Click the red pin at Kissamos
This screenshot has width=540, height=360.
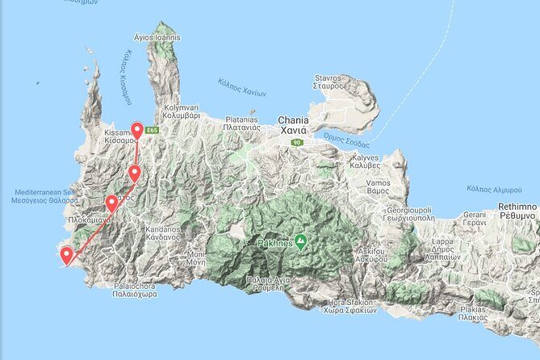(138, 131)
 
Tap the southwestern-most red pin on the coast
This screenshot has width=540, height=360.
(65, 256)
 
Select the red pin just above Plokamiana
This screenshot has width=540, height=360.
(111, 203)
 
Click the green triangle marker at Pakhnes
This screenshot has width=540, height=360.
(300, 241)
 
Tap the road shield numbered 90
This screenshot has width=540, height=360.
(297, 143)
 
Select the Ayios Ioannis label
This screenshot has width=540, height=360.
(158, 37)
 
